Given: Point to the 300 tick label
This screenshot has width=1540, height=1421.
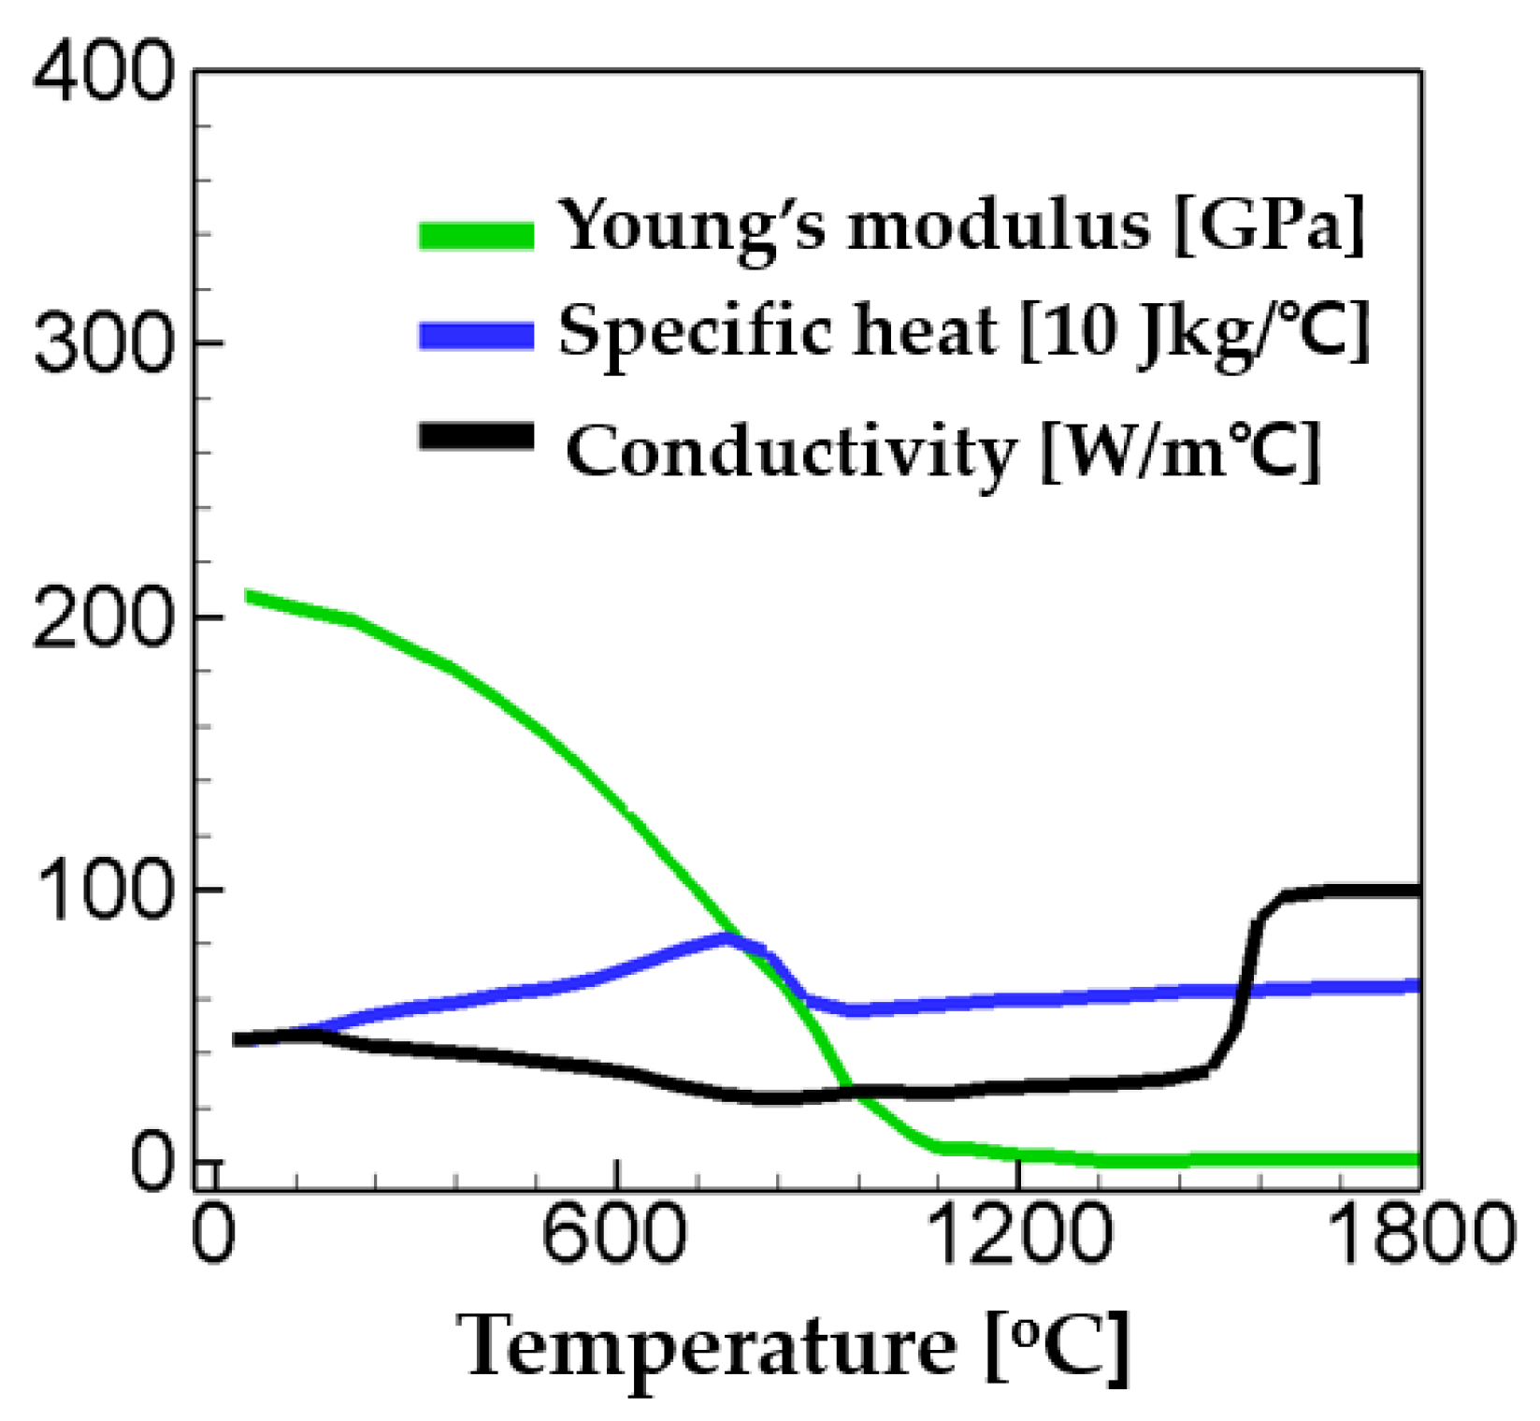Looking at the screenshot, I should pyautogui.click(x=103, y=344).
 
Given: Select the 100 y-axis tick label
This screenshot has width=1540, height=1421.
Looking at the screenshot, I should pyautogui.click(x=103, y=891).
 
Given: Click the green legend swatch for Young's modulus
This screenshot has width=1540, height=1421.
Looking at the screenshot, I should pyautogui.click(x=477, y=235).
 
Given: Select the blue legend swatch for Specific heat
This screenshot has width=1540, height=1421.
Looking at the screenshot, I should pyautogui.click(x=477, y=335).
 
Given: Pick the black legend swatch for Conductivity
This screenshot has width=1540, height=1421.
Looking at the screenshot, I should pyautogui.click(x=477, y=436).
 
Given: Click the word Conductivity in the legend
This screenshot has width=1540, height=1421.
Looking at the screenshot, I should pyautogui.click(x=790, y=451).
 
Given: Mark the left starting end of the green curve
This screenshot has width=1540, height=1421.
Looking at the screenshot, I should pyautogui.click(x=249, y=596).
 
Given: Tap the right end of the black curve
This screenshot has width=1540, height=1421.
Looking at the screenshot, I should pyautogui.click(x=1417, y=891).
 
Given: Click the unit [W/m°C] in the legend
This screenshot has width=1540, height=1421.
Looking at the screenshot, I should pyautogui.click(x=1180, y=451).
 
